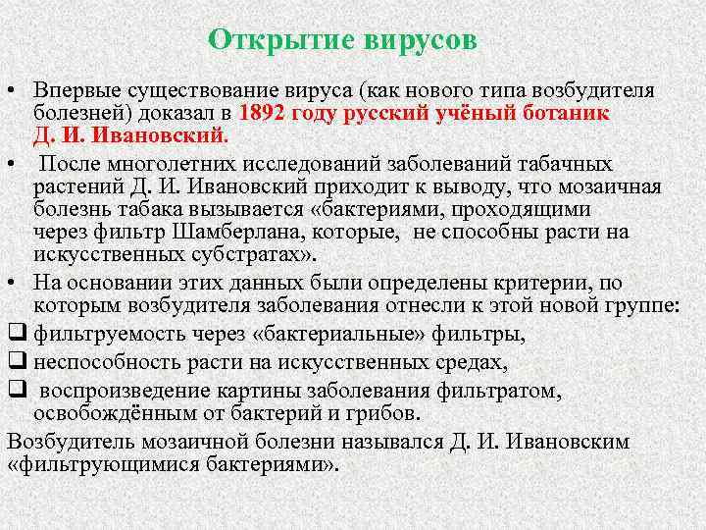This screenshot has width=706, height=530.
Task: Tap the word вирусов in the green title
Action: point(421,40)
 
